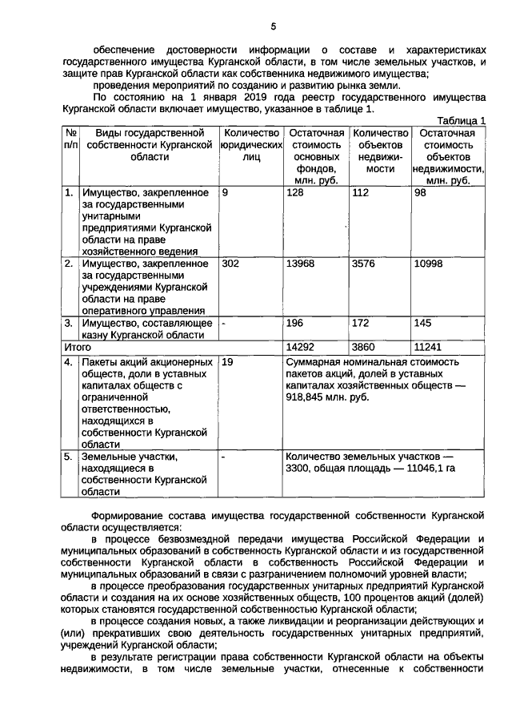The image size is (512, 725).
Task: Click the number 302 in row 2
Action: point(230,264)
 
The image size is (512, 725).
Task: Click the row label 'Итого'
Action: point(78,348)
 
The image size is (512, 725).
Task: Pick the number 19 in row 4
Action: point(228,362)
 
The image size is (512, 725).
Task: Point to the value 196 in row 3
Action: point(296,323)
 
